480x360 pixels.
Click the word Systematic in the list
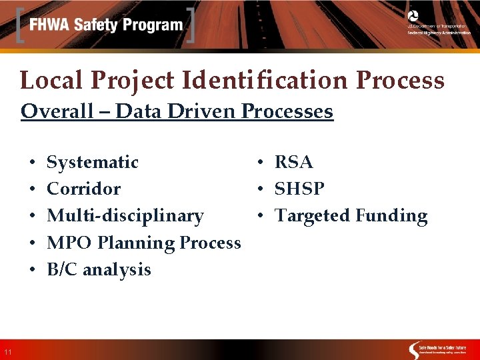click(x=93, y=162)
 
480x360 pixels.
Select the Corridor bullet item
click(x=83, y=189)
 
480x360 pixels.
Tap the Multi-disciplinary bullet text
click(x=125, y=215)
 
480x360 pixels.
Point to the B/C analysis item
click(x=99, y=269)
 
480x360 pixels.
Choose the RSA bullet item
click(x=293, y=162)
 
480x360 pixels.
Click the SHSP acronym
click(x=299, y=189)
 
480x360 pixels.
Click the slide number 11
click(x=7, y=352)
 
